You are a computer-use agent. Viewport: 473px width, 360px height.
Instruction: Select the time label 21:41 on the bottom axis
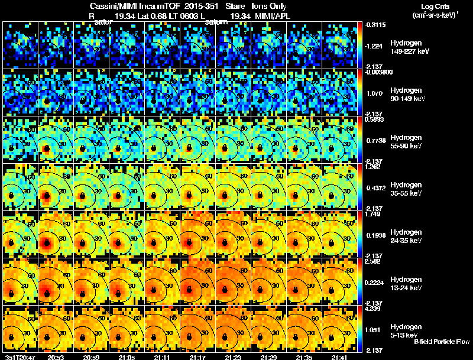tap(340, 357)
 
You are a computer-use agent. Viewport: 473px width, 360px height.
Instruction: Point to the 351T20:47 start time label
tap(18, 357)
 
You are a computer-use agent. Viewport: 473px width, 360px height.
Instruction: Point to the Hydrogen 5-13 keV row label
tap(406, 330)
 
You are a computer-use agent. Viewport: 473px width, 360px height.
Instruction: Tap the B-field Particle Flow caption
tap(442, 342)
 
